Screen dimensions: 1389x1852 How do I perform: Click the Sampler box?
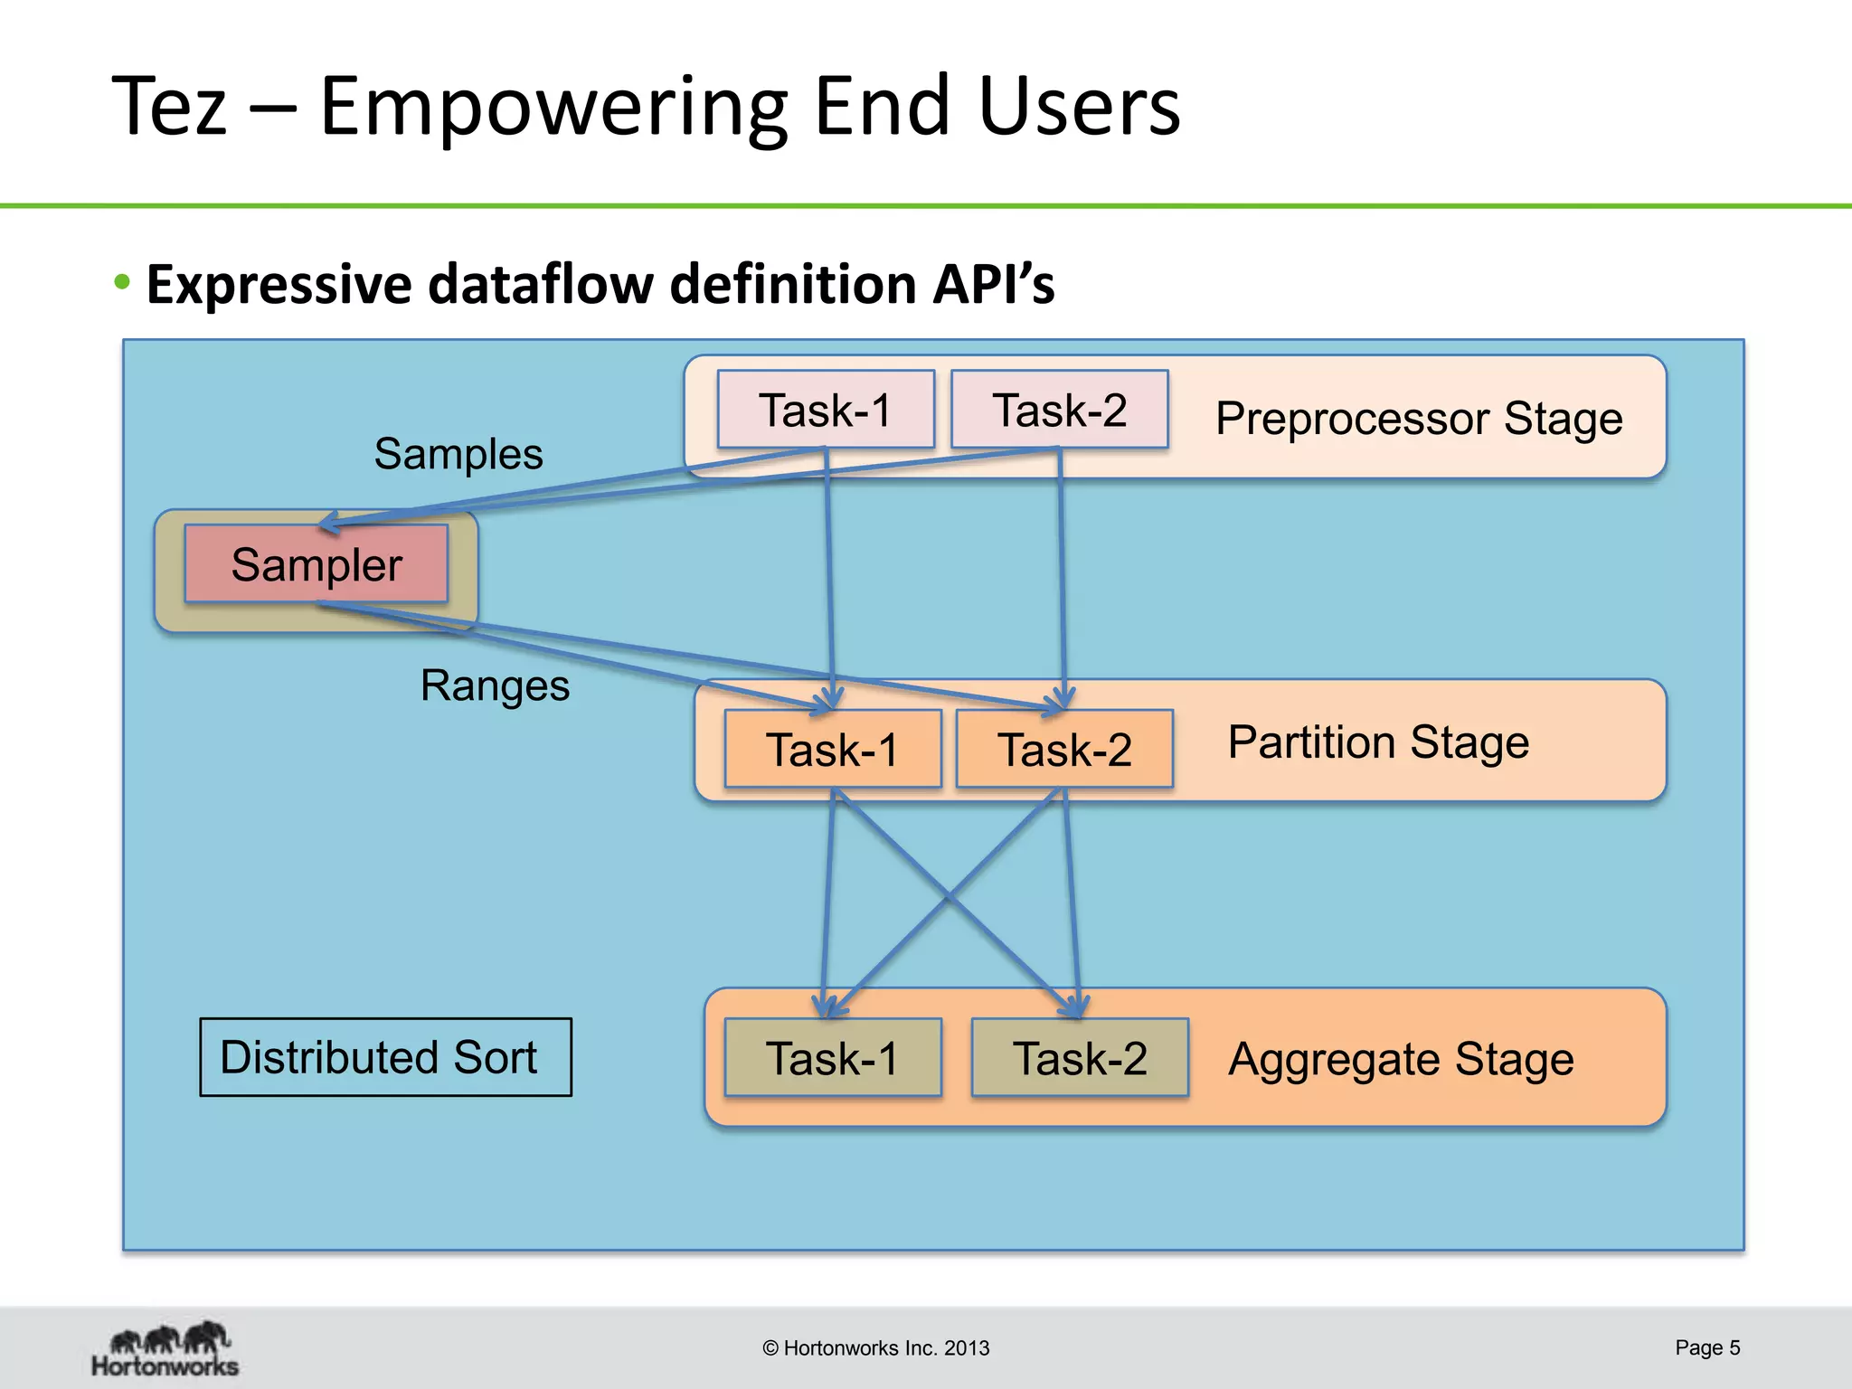(316, 564)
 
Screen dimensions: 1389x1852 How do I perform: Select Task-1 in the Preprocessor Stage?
(826, 410)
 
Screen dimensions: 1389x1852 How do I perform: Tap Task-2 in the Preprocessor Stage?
(1059, 410)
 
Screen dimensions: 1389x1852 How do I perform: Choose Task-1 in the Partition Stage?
(833, 749)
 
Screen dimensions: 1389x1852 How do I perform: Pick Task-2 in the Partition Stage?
(1064, 749)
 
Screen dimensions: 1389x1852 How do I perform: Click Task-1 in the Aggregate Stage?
(833, 1058)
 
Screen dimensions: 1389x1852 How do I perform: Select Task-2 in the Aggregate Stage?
(1080, 1058)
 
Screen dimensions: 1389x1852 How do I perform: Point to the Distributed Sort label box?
(385, 1057)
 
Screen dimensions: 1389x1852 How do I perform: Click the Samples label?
(458, 453)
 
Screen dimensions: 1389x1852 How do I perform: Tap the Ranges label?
(495, 685)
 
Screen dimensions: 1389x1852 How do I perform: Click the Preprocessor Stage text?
(1419, 419)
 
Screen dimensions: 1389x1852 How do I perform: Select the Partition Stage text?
(1378, 742)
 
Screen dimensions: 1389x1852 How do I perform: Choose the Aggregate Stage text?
(1401, 1059)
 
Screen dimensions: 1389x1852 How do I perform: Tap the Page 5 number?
(1707, 1347)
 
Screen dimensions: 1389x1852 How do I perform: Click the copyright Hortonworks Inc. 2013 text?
(875, 1348)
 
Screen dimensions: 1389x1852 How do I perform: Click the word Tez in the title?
(169, 107)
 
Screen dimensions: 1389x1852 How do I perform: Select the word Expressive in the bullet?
(279, 284)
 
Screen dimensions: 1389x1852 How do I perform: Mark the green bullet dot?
(123, 282)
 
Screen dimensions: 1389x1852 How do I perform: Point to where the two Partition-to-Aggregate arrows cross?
(948, 897)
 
